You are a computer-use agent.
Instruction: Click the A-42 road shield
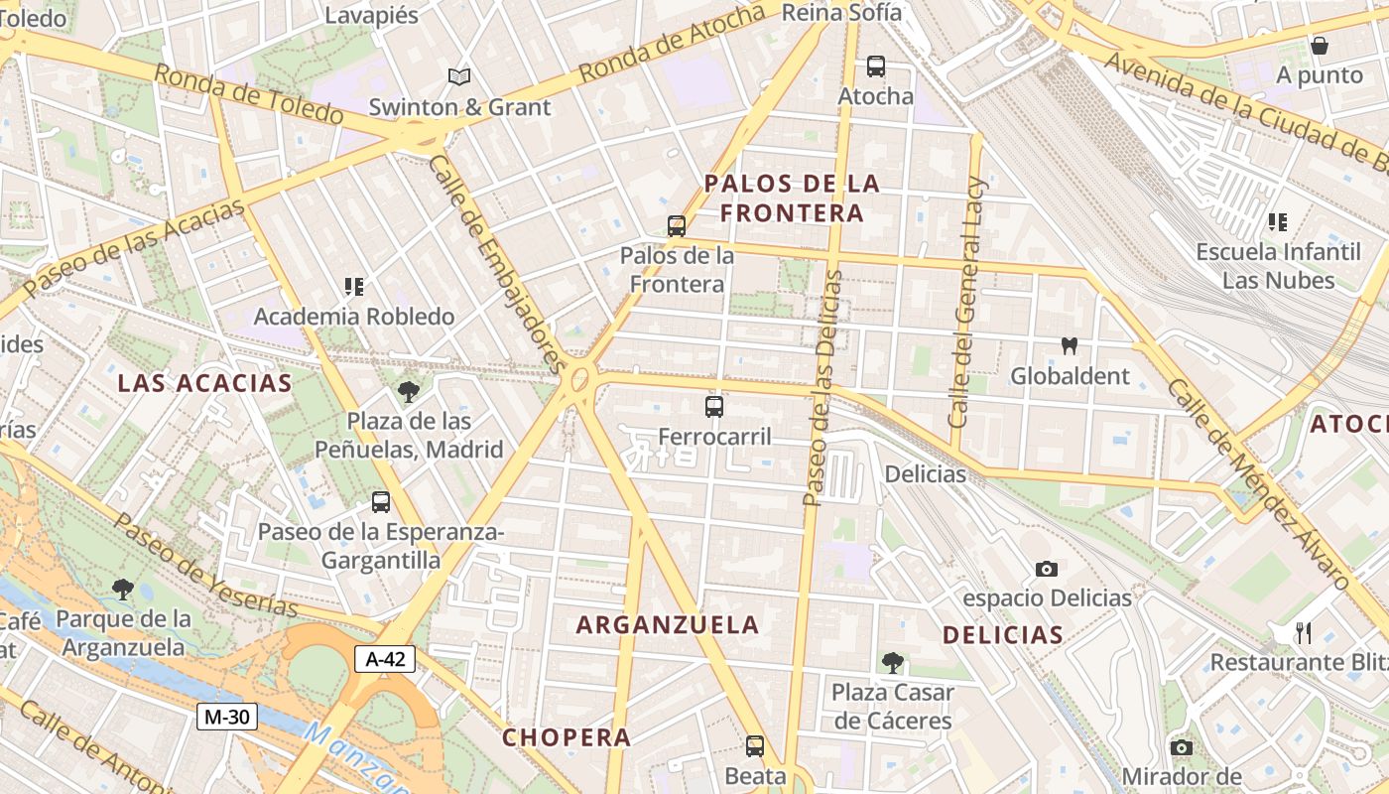click(385, 659)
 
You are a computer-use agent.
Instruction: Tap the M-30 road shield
click(227, 716)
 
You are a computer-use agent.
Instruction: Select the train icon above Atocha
click(875, 66)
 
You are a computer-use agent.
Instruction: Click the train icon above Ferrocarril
click(714, 406)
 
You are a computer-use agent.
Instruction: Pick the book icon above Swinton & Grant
click(458, 76)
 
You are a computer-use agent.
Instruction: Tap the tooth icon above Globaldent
click(1070, 346)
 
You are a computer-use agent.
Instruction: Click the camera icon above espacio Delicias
click(1046, 569)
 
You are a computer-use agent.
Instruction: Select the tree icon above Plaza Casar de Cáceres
click(892, 662)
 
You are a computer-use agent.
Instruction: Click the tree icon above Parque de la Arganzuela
click(123, 590)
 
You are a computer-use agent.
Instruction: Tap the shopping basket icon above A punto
click(1320, 45)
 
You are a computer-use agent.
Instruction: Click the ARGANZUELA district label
click(668, 625)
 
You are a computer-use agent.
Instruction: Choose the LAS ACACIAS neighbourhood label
click(205, 383)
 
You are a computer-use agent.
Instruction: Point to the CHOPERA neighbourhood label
click(567, 737)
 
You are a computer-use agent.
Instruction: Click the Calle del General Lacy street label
click(966, 302)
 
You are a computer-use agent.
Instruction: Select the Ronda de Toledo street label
click(248, 95)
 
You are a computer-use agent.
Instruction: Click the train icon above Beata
click(755, 746)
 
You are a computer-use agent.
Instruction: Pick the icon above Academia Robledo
click(354, 287)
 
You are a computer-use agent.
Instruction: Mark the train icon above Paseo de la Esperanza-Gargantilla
click(381, 502)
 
